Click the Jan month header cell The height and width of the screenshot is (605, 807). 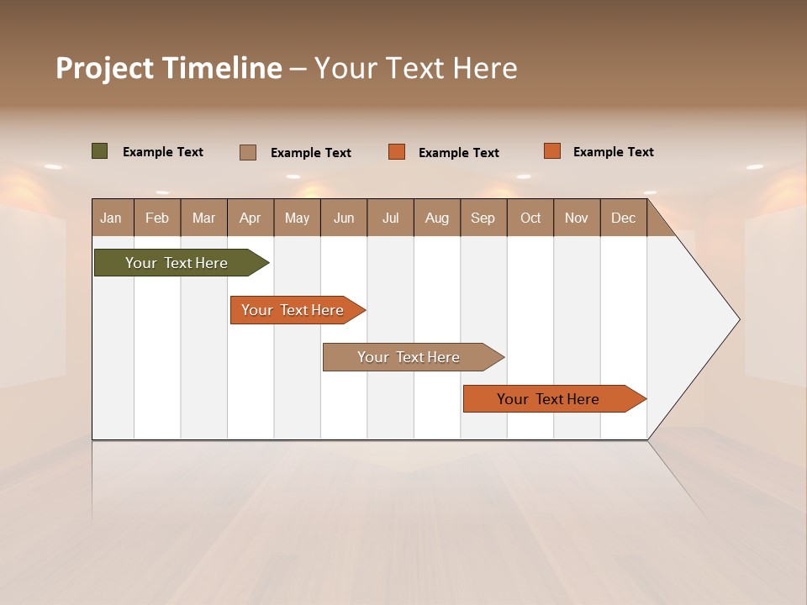point(112,218)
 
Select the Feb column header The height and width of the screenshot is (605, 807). point(157,218)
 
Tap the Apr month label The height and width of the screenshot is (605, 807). point(250,218)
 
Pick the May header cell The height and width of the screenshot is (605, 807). point(297,218)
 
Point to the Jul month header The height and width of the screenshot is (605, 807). point(390,218)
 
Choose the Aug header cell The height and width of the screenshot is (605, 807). point(436,218)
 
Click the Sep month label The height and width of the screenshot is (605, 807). point(483,218)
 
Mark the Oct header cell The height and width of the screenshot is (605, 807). point(530,218)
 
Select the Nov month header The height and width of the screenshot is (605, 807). point(576,218)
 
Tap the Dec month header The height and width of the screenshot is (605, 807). point(623,218)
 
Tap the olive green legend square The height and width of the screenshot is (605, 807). point(100,151)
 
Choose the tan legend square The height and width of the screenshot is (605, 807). point(248,152)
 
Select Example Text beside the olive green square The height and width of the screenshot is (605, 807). point(163,152)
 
